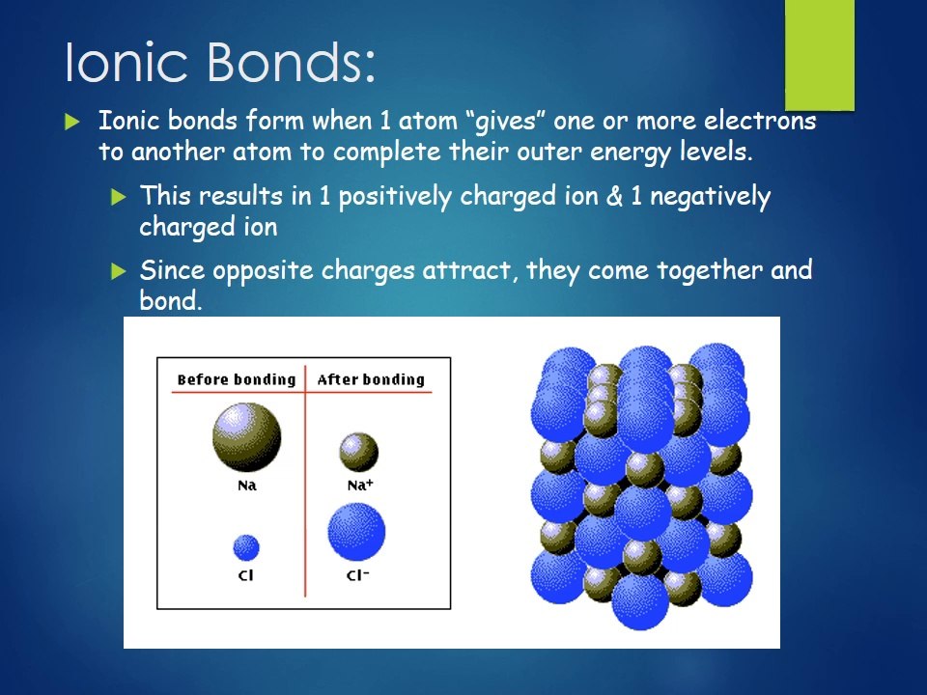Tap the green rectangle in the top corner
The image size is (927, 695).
click(819, 54)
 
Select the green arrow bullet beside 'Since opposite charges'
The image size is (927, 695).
click(119, 271)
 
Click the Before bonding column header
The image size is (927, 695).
click(236, 379)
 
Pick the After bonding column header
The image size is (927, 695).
click(371, 379)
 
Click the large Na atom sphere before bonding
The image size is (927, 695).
click(246, 436)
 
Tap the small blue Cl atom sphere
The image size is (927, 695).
click(246, 548)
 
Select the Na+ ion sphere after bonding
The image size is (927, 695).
click(358, 452)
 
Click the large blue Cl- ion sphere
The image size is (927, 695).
click(356, 532)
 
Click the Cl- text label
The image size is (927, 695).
click(357, 576)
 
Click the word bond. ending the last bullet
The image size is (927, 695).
click(171, 301)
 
